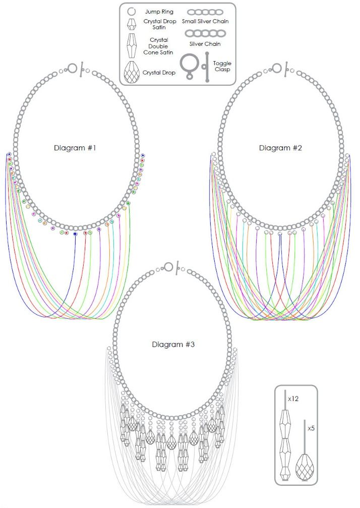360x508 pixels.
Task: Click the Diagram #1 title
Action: click(75, 148)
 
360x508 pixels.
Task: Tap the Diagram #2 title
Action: click(280, 148)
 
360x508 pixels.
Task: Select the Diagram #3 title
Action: click(173, 345)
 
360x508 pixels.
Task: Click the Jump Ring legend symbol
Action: click(131, 12)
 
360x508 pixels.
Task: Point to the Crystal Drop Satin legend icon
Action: click(131, 24)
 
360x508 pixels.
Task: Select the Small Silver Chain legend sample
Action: click(205, 12)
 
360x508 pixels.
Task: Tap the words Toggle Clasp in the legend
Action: click(222, 67)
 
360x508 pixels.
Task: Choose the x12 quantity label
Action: click(293, 399)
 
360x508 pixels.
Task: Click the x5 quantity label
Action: click(311, 428)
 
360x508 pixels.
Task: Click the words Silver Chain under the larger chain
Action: click(205, 44)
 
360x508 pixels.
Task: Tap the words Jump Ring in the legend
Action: click(159, 12)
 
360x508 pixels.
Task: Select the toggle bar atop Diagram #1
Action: click(82, 69)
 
